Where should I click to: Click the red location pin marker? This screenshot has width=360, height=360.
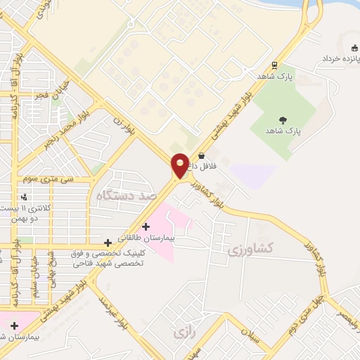[181, 165]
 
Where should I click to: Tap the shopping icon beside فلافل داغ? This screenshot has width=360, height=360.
[202, 156]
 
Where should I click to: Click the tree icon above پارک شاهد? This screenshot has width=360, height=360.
[283, 120]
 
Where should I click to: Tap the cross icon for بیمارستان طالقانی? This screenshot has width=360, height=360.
[146, 226]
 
